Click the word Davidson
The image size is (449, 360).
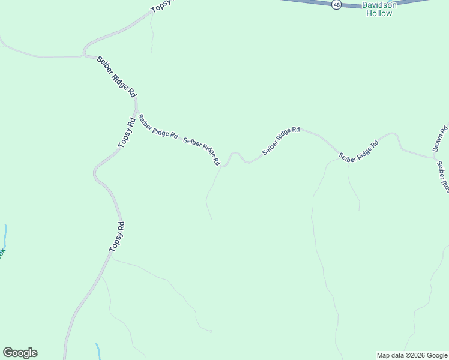click(x=379, y=5)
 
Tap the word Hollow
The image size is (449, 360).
click(x=379, y=13)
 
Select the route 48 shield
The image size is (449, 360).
click(x=336, y=5)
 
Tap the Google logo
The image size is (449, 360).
click(x=20, y=353)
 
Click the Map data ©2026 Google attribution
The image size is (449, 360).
click(x=412, y=355)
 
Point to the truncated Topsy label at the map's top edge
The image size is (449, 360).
click(x=161, y=6)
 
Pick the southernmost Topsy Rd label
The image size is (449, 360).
click(x=117, y=236)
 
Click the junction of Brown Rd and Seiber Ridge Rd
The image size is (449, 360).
click(x=434, y=158)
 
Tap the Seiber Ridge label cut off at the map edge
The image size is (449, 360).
click(x=442, y=176)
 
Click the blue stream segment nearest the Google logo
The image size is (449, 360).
click(x=97, y=349)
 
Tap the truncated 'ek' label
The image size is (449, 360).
click(x=2, y=253)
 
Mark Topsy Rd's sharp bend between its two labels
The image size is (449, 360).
click(x=95, y=174)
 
